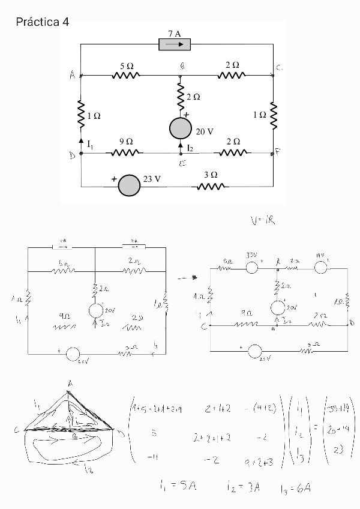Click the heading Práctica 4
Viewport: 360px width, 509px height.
43,23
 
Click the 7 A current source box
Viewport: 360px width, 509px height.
175,44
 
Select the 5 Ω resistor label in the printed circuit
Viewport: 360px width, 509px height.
126,64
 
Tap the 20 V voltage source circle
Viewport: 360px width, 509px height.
181,128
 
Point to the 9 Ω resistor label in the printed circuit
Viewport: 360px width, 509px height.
126,141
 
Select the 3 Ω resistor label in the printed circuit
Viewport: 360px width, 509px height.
210,175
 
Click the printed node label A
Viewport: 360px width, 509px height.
73,75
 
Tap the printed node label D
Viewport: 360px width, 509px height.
72,155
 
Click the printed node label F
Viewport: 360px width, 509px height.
278,152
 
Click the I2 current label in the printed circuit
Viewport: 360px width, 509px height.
190,147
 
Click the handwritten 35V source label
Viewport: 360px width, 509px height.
251,255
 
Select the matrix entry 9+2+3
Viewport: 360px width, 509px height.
260,461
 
